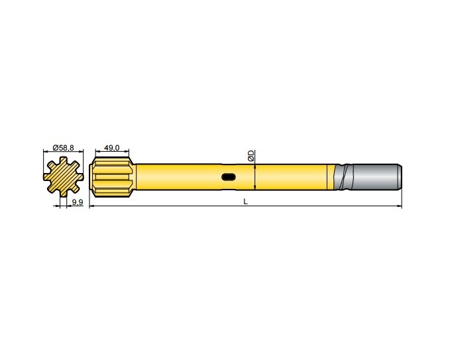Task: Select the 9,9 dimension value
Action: [77, 202]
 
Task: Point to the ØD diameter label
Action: [251, 156]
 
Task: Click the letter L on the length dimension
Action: [245, 202]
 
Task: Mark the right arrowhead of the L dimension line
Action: [400, 207]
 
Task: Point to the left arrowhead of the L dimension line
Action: [91, 207]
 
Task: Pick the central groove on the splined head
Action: [113, 177]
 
